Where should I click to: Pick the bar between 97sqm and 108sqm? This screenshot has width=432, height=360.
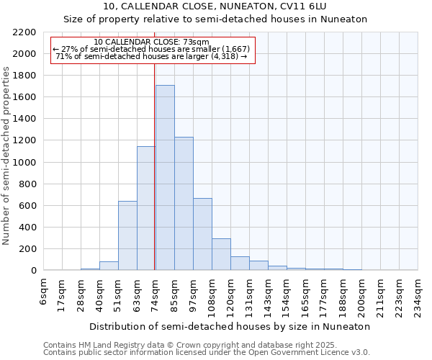(202, 234)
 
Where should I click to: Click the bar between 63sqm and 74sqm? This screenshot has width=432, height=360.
(146, 208)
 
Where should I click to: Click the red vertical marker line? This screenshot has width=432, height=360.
(155, 166)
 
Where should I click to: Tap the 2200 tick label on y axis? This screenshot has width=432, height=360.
(24, 32)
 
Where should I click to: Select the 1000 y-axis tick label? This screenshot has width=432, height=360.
(24, 163)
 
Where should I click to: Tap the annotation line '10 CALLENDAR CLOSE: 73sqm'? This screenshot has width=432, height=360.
(152, 42)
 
